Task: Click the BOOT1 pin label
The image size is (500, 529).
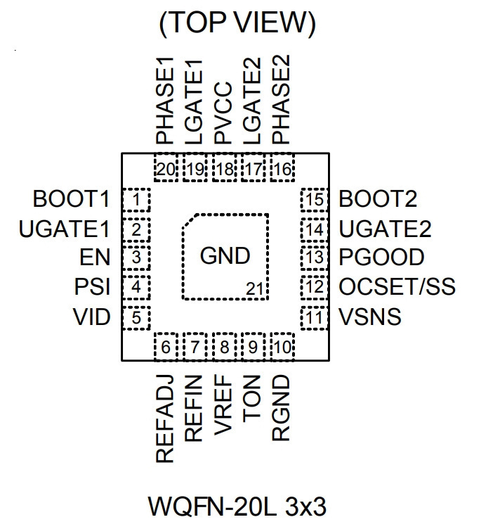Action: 71,198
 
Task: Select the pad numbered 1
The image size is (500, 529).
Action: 136,200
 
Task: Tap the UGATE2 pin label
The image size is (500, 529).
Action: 385,229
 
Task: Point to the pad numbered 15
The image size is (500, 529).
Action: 315,200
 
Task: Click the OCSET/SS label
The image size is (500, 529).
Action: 397,287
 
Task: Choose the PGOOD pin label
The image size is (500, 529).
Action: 381,257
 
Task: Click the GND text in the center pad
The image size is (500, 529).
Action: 225,255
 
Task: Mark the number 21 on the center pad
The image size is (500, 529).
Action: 254,289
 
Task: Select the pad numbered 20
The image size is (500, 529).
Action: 166,168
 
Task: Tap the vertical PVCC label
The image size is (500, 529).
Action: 223,113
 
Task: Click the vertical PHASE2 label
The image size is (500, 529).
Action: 281,99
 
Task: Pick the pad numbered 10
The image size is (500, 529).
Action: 283,347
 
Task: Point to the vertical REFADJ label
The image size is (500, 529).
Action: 164,419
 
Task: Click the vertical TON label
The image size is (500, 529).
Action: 252,398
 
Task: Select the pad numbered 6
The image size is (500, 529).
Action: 166,347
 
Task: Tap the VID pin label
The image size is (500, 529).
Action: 92,317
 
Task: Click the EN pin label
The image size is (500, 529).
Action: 95,257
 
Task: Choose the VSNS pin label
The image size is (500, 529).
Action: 369,317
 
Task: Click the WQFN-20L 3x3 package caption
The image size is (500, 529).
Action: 237,506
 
